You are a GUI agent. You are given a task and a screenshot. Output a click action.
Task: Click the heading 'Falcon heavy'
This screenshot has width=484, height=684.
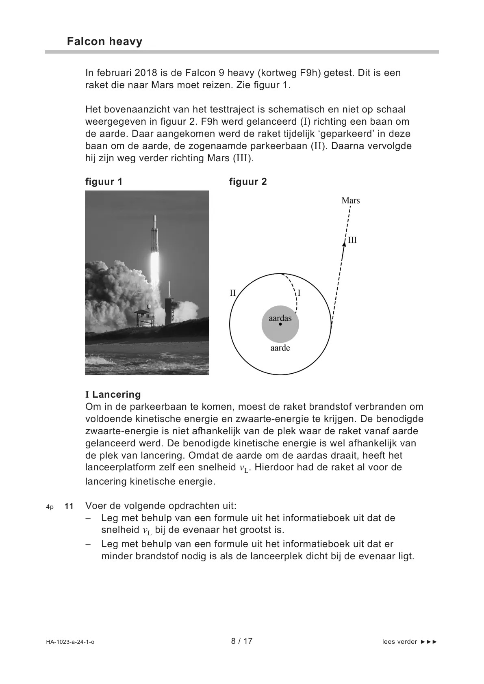104,41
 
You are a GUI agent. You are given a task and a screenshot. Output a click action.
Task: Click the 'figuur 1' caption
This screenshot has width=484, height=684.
104,182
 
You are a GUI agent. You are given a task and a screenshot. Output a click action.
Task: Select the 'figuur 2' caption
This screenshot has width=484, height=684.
248,182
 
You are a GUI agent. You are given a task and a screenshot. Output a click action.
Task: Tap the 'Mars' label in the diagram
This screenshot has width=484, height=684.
350,200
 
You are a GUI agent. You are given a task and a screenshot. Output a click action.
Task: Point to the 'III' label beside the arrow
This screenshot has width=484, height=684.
352,240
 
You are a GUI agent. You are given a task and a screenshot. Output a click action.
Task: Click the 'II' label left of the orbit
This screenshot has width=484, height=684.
233,293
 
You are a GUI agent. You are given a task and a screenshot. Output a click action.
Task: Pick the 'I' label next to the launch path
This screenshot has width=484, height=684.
300,293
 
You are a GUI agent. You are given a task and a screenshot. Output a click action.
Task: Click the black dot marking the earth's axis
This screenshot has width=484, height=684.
280,325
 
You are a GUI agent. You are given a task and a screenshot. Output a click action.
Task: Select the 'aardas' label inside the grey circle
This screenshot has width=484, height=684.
280,318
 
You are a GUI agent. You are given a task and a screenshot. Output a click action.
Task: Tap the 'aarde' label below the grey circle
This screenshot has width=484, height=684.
280,348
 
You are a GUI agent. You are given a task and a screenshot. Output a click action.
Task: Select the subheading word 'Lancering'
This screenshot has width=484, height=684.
116,394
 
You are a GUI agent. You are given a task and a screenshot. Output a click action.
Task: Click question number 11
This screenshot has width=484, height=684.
69,506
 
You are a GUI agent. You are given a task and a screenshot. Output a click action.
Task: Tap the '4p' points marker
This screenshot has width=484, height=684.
50,507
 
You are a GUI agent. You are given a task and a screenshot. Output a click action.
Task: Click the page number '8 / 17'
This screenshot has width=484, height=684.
242,641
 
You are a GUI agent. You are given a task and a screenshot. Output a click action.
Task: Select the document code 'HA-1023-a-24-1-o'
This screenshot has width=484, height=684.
70,642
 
